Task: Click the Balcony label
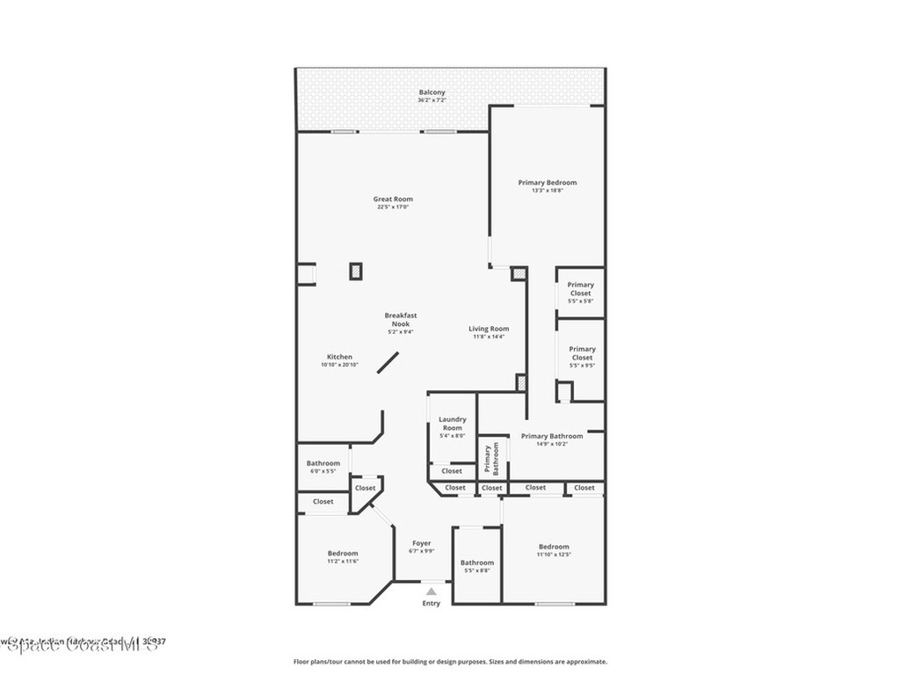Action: click(432, 92)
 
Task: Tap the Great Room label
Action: click(393, 200)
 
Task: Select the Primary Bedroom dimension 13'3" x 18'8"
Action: click(548, 191)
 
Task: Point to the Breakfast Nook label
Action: click(401, 319)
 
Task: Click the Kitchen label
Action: click(339, 357)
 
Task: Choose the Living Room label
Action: click(489, 329)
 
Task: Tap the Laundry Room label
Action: click(453, 424)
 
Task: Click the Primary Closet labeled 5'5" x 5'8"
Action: click(580, 289)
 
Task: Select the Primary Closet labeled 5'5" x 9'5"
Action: click(582, 353)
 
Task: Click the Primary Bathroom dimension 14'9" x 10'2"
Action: click(552, 444)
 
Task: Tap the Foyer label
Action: click(422, 543)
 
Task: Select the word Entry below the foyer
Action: click(431, 603)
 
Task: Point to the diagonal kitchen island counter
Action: click(388, 363)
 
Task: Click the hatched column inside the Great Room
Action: click(356, 271)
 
